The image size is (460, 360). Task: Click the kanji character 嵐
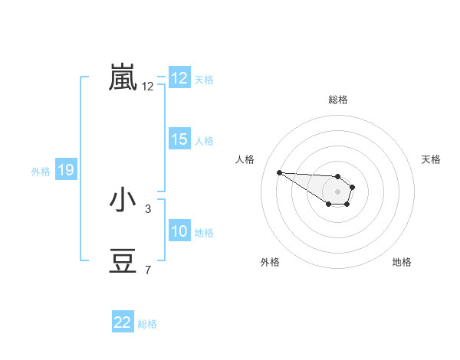point(123,77)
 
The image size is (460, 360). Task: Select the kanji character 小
point(123,201)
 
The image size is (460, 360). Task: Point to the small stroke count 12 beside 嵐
point(148,87)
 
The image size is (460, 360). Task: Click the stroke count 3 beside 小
point(147,208)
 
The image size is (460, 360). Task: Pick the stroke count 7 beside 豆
point(147,270)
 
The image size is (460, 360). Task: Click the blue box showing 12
point(179,78)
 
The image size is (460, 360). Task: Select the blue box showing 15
point(179,139)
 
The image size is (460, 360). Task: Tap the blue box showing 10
point(179,231)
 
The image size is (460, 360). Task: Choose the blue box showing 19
point(66,170)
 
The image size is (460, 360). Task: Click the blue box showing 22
point(123,322)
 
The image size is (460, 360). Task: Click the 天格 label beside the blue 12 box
point(204,79)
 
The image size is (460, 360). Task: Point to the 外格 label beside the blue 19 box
point(41,171)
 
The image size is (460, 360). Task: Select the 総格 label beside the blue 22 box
point(147,323)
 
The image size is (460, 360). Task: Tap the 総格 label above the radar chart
point(338,100)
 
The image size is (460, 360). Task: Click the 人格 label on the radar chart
point(245,159)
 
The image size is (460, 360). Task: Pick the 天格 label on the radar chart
point(431,159)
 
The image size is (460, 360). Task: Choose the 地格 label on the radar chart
point(402,262)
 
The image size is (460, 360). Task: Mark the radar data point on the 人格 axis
point(279,172)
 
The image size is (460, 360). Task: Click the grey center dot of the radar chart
point(338,191)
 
